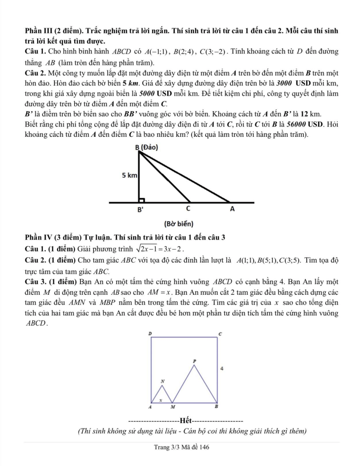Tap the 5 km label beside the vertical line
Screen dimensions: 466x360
click(130, 176)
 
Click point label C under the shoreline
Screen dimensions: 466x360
click(188, 208)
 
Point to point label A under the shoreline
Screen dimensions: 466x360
click(232, 209)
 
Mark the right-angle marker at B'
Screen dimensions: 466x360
click(142, 200)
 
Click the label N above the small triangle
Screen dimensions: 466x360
click(162, 380)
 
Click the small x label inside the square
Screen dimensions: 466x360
click(161, 399)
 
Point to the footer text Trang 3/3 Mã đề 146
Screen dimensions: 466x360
click(181, 447)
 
